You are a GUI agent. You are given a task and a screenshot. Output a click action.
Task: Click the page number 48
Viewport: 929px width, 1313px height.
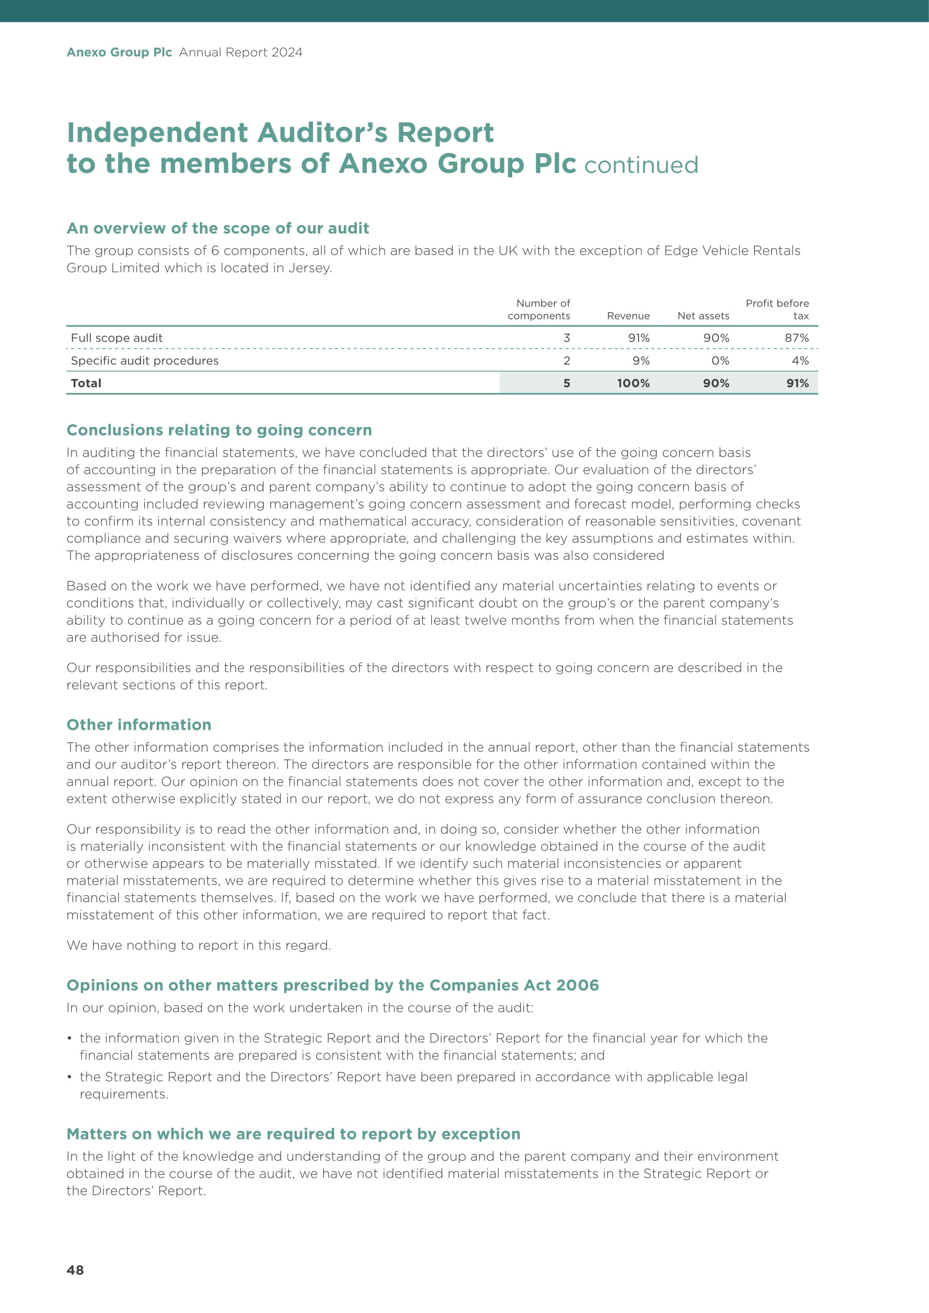75,1270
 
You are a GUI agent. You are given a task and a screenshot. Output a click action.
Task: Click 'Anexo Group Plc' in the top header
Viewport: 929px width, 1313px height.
119,52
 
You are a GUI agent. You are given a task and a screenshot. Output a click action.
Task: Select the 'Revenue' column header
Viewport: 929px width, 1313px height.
628,315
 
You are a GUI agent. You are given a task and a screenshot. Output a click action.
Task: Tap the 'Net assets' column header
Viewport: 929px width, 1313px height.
703,315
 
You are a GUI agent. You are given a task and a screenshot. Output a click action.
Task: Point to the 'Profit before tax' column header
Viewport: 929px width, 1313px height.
777,309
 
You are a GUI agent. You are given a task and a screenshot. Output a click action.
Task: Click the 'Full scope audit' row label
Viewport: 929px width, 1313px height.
117,338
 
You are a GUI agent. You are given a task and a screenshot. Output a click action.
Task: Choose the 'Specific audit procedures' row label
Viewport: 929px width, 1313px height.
145,361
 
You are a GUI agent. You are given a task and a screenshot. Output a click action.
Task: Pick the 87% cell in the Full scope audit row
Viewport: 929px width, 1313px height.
796,338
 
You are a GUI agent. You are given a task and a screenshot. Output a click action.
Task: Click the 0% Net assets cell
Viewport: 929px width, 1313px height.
720,361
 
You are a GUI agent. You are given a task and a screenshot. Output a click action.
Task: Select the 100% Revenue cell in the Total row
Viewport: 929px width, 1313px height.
632,383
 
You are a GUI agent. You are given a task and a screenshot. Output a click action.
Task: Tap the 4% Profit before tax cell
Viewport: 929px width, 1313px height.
800,361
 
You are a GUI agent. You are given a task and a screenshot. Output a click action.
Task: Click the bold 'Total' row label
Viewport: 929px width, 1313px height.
86,383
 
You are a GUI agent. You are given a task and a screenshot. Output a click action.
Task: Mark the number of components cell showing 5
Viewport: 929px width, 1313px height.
566,383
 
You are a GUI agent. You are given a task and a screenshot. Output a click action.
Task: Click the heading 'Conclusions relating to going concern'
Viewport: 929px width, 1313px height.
219,430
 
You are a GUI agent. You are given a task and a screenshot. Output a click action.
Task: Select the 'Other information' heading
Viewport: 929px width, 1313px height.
139,725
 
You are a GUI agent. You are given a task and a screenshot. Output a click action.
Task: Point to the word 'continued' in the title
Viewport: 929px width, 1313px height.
641,165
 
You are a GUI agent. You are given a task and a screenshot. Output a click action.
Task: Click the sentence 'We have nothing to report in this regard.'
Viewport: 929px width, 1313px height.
198,945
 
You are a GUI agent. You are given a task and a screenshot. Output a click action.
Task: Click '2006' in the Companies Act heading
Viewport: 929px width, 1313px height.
577,985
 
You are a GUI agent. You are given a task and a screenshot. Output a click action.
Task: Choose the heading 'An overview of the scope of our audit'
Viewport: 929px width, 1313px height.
218,228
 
